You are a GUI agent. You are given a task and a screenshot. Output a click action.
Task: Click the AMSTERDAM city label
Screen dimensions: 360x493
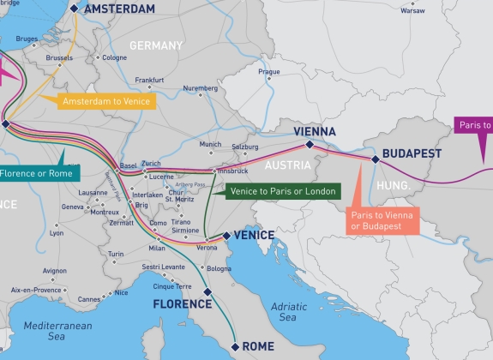(x=120, y=9)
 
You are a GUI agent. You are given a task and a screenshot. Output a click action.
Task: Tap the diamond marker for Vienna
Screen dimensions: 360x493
(x=310, y=145)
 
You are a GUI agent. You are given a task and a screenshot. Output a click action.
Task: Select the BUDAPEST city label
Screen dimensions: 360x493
(x=412, y=153)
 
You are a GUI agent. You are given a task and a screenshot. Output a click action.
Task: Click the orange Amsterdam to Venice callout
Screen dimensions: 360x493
(x=107, y=101)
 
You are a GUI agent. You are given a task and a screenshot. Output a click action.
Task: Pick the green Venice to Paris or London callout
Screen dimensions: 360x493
(x=278, y=190)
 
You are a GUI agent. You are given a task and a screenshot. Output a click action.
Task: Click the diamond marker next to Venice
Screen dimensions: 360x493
(x=226, y=235)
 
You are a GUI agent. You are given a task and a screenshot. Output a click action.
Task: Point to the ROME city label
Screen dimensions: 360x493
(x=259, y=347)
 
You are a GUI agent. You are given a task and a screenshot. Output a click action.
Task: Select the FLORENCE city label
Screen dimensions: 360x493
(x=182, y=303)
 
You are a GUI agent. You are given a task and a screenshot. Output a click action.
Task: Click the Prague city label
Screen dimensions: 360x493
(x=269, y=72)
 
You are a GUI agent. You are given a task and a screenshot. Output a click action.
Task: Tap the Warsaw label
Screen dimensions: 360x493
(x=412, y=11)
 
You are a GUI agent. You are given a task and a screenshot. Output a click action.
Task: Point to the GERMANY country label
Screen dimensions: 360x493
(x=156, y=45)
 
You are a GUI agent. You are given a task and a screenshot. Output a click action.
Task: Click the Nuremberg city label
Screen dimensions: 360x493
(x=201, y=88)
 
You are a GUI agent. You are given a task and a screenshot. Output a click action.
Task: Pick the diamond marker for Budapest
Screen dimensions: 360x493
(x=374, y=159)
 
